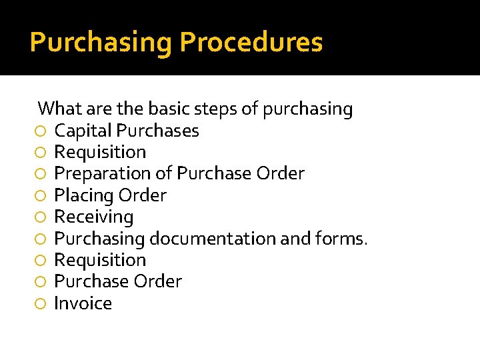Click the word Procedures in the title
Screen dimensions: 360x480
pos(251,43)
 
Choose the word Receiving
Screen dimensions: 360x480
pos(93,217)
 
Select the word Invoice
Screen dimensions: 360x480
pos(83,303)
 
